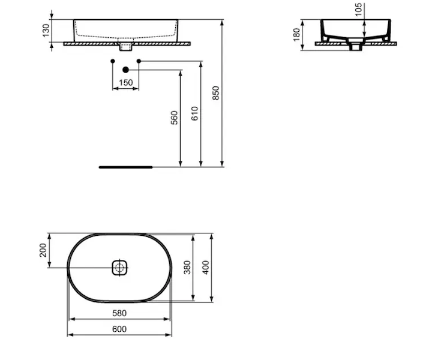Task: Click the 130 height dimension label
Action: pos(46,31)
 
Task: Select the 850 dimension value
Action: pos(216,93)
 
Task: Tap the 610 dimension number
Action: pos(194,113)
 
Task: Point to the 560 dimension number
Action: pos(175,118)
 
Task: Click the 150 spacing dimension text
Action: pos(126,83)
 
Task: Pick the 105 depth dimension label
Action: pos(358,10)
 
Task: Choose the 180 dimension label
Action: pos(296,35)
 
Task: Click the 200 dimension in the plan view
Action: pos(43,250)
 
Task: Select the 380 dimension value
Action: pos(187,268)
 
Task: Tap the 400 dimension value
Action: pos(206,268)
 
